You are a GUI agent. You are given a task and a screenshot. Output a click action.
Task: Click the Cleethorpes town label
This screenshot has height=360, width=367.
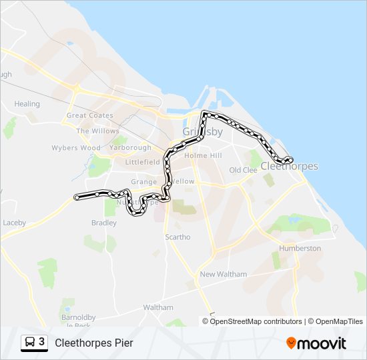[289, 166]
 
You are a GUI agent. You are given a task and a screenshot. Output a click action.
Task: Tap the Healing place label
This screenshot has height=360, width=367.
[27, 104]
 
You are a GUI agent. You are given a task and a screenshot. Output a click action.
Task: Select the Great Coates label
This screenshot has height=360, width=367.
[89, 115]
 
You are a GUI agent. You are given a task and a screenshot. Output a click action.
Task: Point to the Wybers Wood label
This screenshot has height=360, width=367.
[76, 148]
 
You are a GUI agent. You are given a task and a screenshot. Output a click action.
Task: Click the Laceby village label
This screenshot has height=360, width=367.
[14, 223]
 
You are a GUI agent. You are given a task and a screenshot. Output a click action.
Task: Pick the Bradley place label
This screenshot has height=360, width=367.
[104, 223]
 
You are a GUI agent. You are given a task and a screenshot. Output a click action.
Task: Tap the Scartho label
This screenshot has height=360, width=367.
[177, 237]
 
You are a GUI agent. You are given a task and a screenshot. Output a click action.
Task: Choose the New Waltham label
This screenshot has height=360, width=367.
[223, 274]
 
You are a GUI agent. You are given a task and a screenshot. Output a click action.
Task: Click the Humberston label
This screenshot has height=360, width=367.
[300, 248]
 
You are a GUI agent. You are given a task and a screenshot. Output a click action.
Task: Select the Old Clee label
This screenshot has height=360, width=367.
[243, 170]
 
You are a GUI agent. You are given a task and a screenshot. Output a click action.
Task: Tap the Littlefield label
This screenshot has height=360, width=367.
[143, 162]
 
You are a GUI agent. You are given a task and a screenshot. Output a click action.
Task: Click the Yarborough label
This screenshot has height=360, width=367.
[129, 147]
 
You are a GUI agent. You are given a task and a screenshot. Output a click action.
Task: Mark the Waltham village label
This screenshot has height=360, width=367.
[158, 307]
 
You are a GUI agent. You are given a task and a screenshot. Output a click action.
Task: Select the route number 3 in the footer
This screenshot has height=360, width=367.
[42, 341]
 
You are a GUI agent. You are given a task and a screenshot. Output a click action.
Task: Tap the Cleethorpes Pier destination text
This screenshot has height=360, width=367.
[94, 343]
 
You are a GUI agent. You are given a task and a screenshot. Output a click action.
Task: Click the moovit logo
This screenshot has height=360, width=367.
[316, 343]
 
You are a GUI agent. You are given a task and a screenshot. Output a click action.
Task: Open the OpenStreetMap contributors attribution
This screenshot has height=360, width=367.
[256, 321]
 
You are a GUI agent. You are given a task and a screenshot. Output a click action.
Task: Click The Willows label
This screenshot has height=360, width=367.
[97, 131]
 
